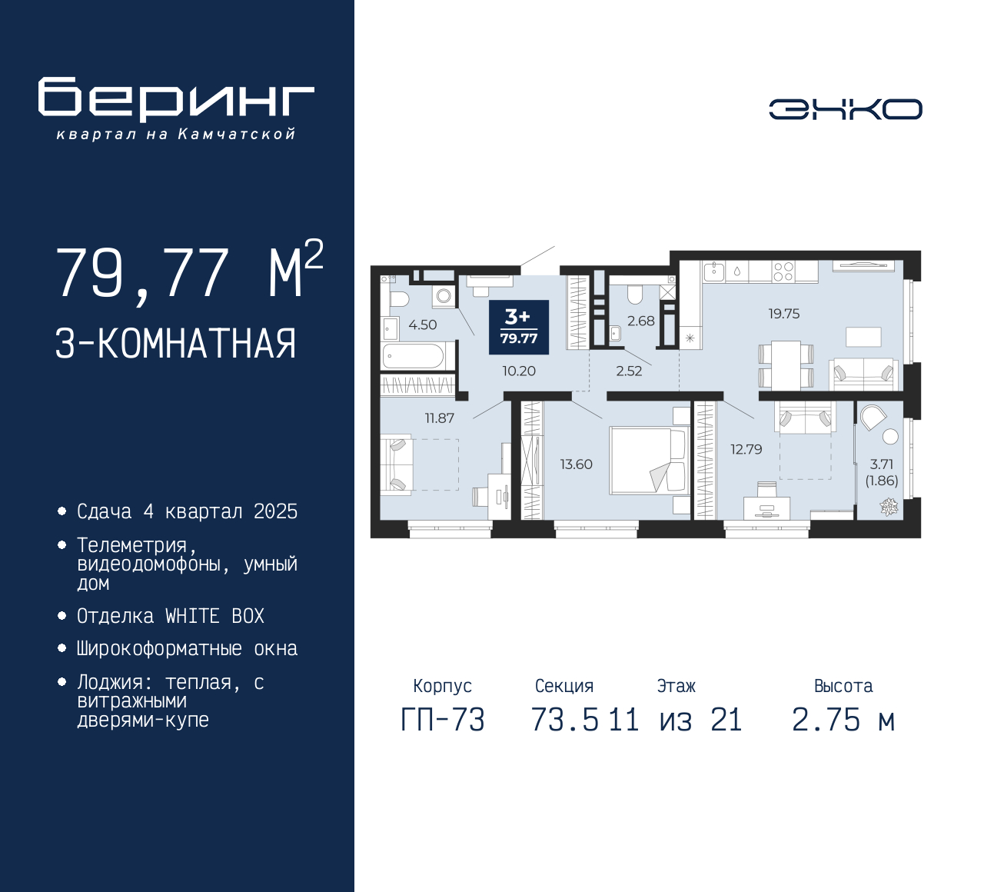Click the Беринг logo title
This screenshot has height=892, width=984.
tap(176, 100)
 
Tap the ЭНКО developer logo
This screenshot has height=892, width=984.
tap(846, 109)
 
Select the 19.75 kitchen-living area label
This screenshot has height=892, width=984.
tap(784, 314)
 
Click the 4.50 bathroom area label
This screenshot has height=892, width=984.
tap(422, 325)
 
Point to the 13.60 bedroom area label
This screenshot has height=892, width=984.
tap(577, 464)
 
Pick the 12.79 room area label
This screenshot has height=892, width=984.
tap(746, 449)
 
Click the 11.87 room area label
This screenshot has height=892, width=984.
tap(440, 418)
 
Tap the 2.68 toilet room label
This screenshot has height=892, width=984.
tap(640, 321)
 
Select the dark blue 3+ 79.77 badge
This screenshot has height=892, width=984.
tap(518, 328)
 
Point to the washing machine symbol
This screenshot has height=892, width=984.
tap(444, 296)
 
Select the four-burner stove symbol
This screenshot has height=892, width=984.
tap(783, 271)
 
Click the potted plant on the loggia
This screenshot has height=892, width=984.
tap(889, 507)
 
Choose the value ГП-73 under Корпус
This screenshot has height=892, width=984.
tap(443, 721)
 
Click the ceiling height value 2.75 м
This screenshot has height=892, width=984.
tap(843, 721)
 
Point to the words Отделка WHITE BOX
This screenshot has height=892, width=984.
tap(170, 616)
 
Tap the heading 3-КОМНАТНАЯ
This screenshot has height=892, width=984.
tap(175, 344)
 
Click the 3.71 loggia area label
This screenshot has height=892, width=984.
tap(882, 464)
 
